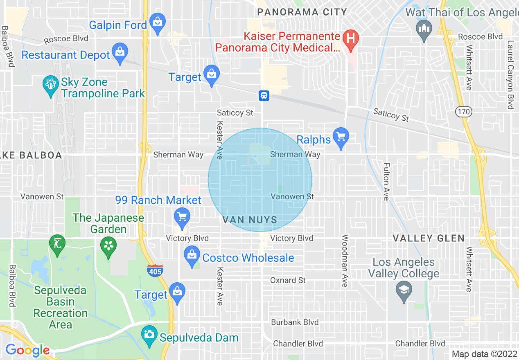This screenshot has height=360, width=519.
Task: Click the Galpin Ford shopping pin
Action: click(157, 23)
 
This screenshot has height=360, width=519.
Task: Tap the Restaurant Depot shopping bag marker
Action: click(120, 53)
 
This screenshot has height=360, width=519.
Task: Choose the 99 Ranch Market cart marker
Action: click(182, 217)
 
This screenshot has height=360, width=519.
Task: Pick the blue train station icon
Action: click(264, 96)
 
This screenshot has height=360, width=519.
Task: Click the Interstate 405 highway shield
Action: click(155, 270)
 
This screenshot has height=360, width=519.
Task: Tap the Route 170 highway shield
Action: click(465, 111)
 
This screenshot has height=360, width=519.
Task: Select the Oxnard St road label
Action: click(288, 280)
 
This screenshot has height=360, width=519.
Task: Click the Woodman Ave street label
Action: click(345, 261)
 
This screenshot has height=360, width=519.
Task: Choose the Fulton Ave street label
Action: click(386, 182)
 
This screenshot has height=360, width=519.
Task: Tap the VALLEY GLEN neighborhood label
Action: click(429, 238)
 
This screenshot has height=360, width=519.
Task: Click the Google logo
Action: click(27, 350)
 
